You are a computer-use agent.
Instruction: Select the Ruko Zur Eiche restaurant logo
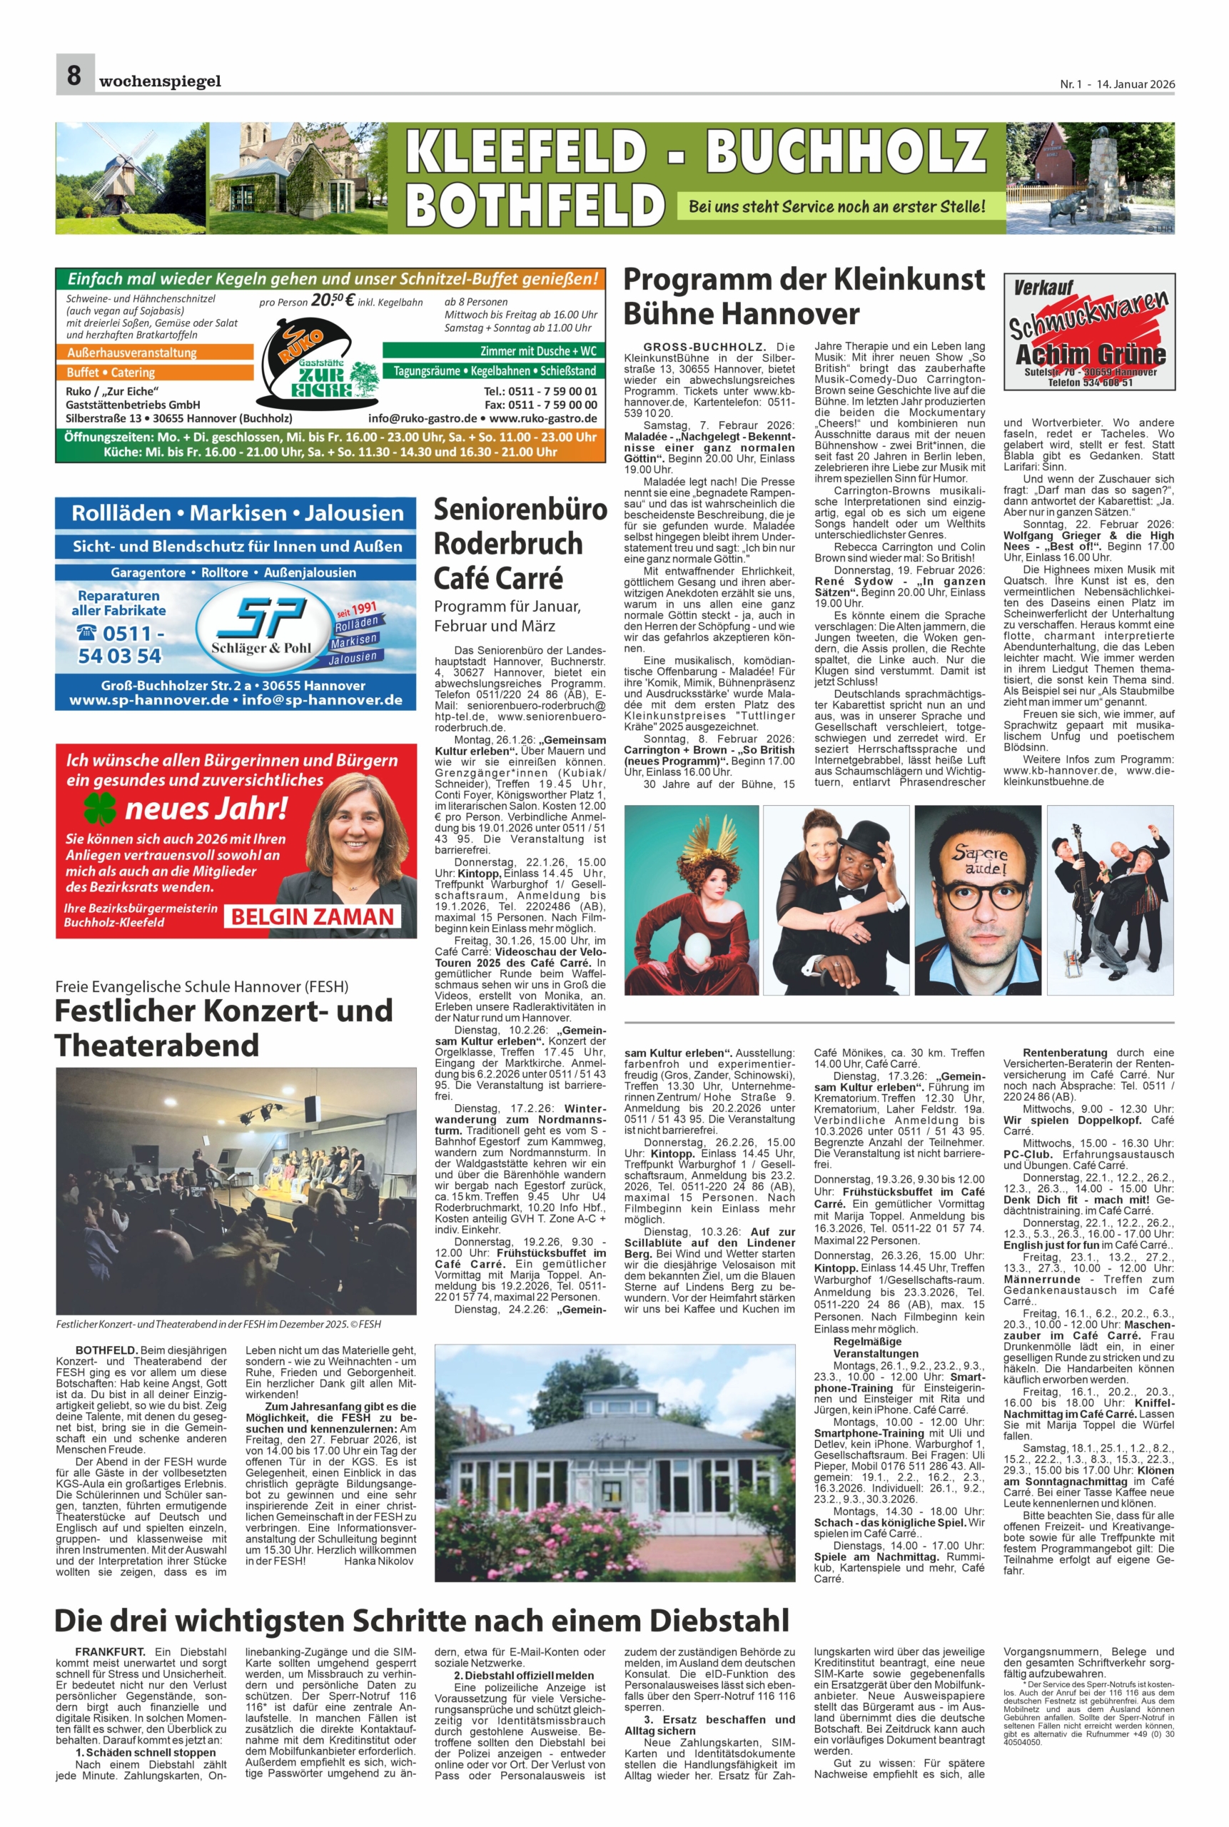point(318,368)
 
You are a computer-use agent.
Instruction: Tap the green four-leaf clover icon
point(99,807)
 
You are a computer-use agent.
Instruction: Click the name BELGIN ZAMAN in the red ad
point(312,916)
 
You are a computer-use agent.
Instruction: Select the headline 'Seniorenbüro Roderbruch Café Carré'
point(520,543)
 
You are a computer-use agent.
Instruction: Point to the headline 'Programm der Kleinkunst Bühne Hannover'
point(804,296)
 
